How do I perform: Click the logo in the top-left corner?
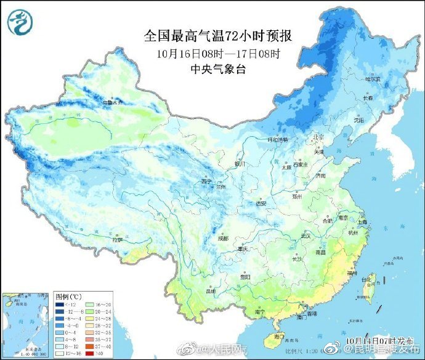pos(20,21)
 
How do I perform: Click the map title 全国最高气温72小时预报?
pos(217,36)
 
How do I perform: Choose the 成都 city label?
pos(222,238)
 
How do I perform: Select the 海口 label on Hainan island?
pos(279,337)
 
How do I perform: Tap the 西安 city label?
pos(261,203)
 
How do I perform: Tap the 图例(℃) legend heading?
pos(67,297)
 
